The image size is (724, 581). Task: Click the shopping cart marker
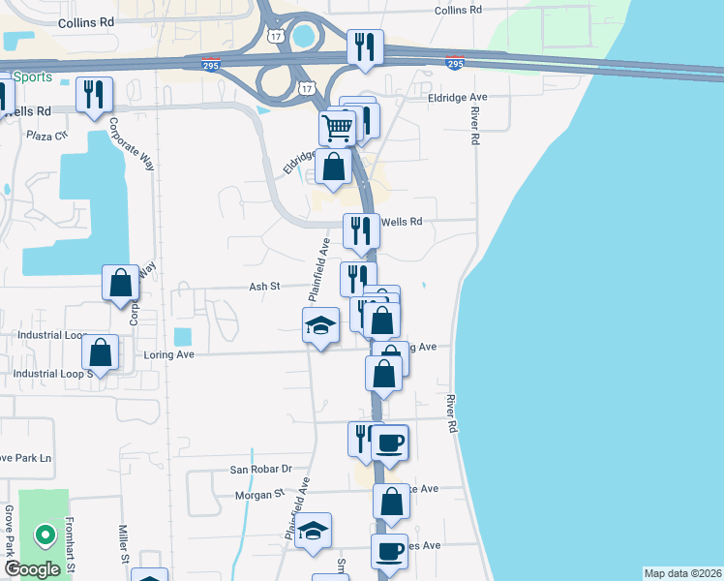click(x=337, y=128)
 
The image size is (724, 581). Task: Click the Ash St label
click(x=263, y=287)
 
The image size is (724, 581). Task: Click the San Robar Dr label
click(x=260, y=469)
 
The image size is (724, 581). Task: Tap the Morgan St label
click(x=258, y=495)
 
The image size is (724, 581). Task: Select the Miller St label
click(x=124, y=544)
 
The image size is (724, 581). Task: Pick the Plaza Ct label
click(x=47, y=136)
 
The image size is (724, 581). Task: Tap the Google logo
click(x=32, y=569)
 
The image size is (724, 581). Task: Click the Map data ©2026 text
click(x=682, y=573)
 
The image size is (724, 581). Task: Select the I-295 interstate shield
click(x=453, y=63)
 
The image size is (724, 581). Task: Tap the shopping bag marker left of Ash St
click(x=121, y=284)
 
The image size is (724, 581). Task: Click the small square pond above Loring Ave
click(x=182, y=337)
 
